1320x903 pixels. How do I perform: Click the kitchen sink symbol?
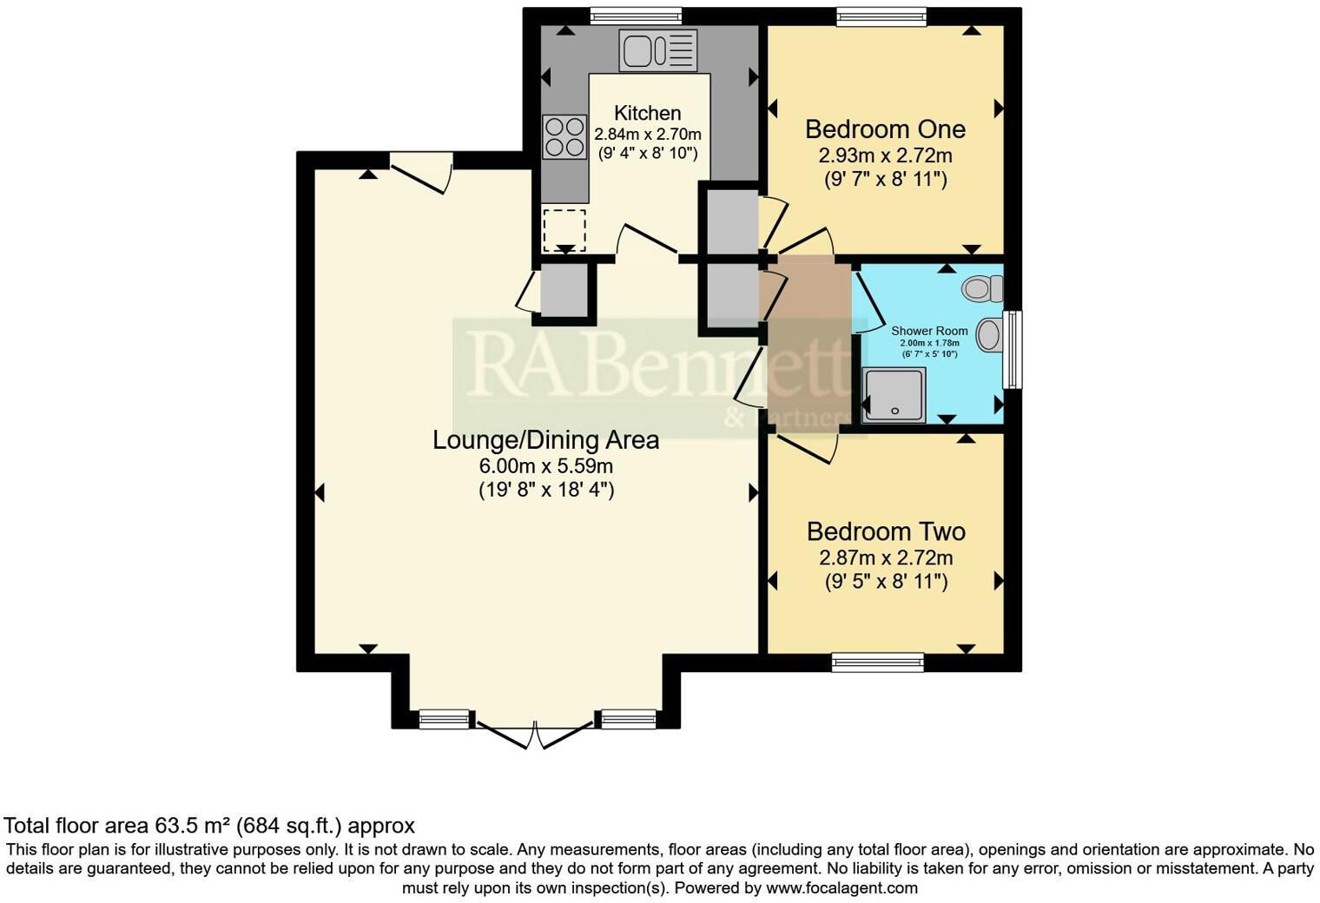(658, 49)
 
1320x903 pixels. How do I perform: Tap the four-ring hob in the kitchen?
(564, 137)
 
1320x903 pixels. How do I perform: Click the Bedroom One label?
(885, 129)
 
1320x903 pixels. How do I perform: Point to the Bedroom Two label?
(886, 531)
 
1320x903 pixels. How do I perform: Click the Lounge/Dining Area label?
(545, 440)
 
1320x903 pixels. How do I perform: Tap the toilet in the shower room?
(983, 288)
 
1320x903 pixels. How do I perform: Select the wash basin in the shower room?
(990, 334)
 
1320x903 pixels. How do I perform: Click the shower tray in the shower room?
(894, 395)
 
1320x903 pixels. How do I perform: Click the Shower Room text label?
(929, 331)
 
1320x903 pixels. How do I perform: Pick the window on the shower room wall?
(1013, 349)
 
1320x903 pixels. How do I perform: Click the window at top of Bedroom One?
(881, 16)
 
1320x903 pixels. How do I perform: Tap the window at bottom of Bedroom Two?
(877, 662)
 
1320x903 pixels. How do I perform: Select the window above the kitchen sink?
(635, 16)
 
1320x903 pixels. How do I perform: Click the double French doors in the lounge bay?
(534, 734)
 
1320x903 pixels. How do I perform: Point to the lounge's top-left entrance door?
(421, 172)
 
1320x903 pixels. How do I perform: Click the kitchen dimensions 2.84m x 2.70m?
(647, 135)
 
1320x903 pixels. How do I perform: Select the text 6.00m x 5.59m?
(545, 466)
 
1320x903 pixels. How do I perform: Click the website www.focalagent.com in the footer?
(841, 888)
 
